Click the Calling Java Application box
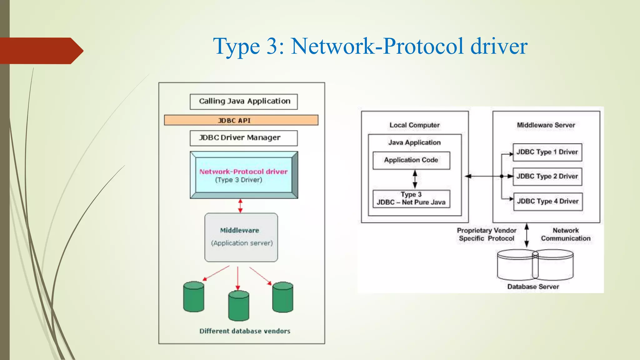(x=244, y=102)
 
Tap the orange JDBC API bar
(x=241, y=120)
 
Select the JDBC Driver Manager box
(x=244, y=138)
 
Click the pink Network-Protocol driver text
(x=243, y=172)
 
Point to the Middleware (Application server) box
(x=241, y=237)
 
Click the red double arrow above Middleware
(x=240, y=206)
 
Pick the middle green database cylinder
(x=238, y=306)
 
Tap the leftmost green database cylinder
(x=194, y=297)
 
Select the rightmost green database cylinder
(x=282, y=297)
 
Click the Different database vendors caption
(x=245, y=331)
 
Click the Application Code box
(x=411, y=160)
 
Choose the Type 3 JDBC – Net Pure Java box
(x=411, y=199)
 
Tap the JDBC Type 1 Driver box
(x=547, y=152)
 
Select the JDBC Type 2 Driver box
(x=547, y=177)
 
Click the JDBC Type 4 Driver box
(x=548, y=202)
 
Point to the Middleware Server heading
(x=546, y=125)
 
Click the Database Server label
(x=533, y=287)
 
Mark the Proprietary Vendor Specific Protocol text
(x=487, y=234)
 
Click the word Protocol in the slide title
(x=423, y=46)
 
